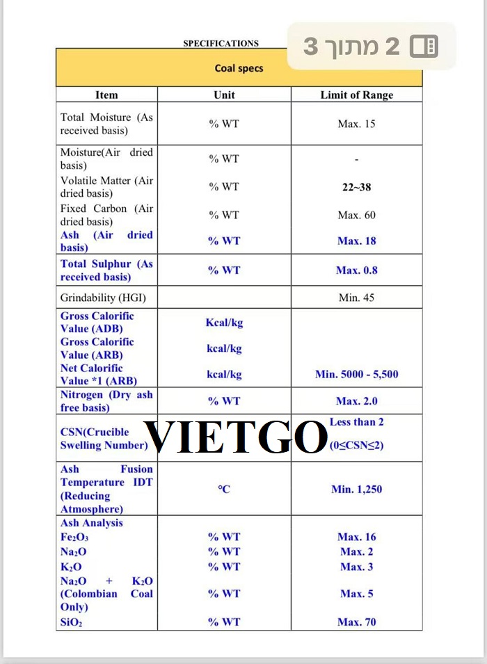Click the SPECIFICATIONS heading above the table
coord(221,43)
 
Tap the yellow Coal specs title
coord(239,68)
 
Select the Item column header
coord(106,95)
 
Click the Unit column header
coord(224,95)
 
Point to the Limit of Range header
coord(356,95)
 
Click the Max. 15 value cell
coord(356,124)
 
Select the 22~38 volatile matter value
coord(356,186)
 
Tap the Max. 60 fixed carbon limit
coord(356,215)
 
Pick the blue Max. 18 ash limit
coord(356,241)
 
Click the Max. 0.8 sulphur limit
coord(356,270)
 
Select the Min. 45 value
coord(356,298)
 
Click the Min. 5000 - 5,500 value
coord(356,374)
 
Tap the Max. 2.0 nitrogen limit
coord(356,401)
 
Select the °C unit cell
coord(224,489)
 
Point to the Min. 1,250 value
coord(356,489)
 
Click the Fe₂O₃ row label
coord(74,537)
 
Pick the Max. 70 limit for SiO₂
coord(356,622)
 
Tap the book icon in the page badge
coord(424,47)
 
